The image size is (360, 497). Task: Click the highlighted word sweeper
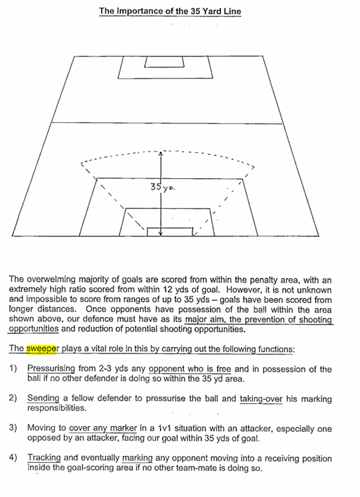click(41, 349)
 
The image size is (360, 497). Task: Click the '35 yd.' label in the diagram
click(163, 187)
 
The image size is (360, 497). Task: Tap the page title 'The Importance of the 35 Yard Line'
click(170, 11)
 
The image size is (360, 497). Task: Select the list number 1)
click(13, 368)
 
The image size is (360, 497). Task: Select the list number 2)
click(13, 398)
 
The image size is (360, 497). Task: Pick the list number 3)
click(13, 428)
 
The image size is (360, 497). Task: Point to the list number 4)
click(13, 457)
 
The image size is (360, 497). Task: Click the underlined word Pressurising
click(52, 369)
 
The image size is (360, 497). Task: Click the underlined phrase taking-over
click(261, 399)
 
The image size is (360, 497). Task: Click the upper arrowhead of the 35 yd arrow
click(161, 153)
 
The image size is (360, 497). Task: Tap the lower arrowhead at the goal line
click(161, 234)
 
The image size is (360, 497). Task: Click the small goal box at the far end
click(165, 62)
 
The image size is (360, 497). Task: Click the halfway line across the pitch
click(167, 123)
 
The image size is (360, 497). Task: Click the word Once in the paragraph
click(96, 309)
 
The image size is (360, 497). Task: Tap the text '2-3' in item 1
click(105, 368)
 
